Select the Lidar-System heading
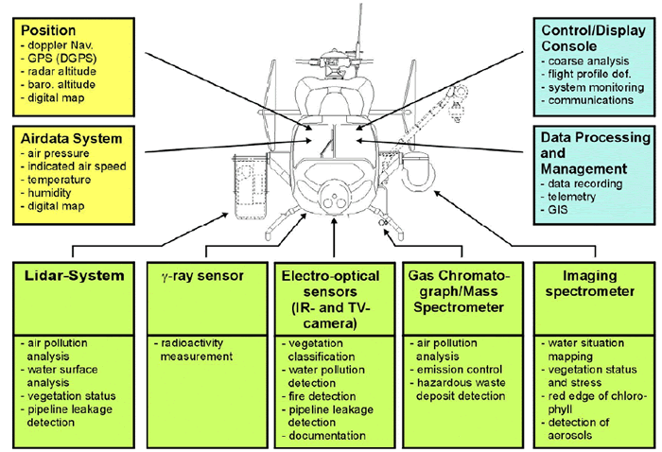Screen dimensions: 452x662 (x=74, y=277)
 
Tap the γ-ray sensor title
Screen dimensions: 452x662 (x=197, y=277)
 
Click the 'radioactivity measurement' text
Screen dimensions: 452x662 (x=194, y=349)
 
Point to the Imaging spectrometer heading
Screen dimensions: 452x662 (x=587, y=284)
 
